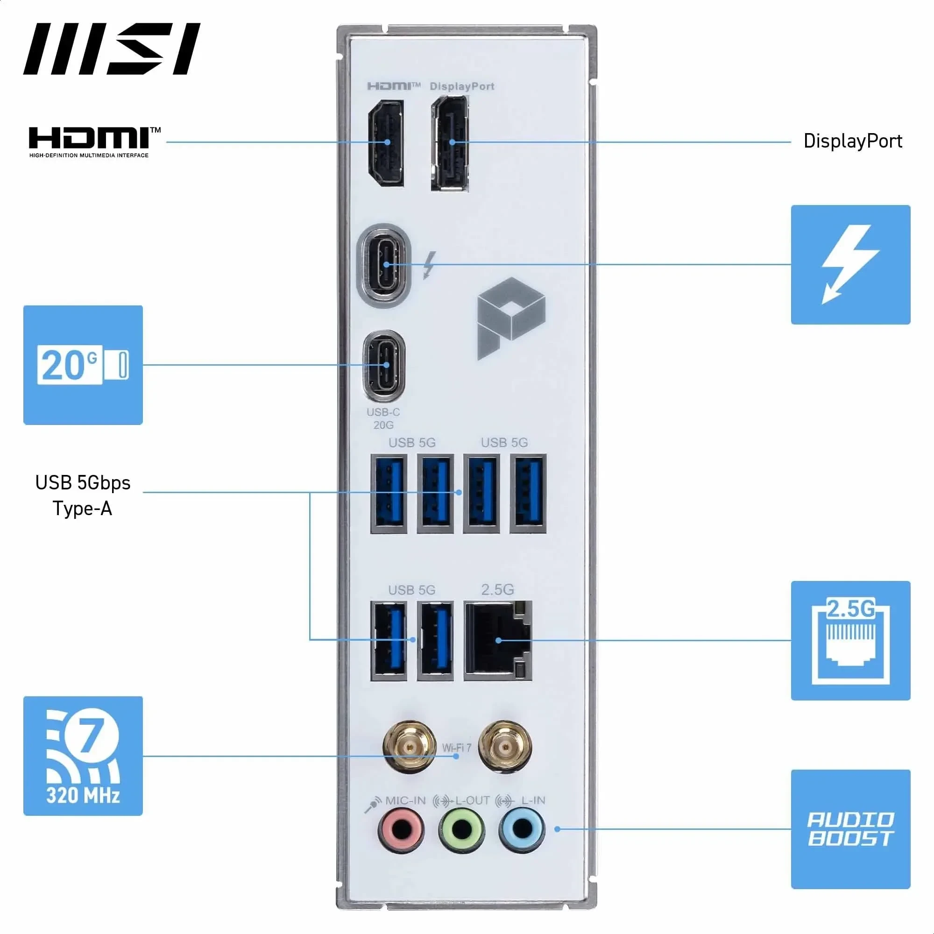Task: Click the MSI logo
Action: point(112,49)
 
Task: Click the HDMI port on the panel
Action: point(386,142)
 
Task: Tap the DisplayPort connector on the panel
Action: point(450,143)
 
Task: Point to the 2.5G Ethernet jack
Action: point(498,640)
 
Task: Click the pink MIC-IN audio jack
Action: point(401,829)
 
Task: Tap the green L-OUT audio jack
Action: point(462,829)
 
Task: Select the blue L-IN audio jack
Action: point(522,829)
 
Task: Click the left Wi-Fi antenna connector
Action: point(409,747)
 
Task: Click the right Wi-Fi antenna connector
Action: point(505,747)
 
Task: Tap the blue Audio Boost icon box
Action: point(850,829)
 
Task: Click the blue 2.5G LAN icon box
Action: point(850,641)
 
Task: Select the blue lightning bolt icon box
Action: point(850,264)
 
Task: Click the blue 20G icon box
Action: point(83,365)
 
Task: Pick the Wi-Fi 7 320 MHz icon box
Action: point(83,756)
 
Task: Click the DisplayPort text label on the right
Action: point(852,141)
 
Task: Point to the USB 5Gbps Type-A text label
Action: point(83,495)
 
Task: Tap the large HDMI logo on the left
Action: point(94,141)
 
